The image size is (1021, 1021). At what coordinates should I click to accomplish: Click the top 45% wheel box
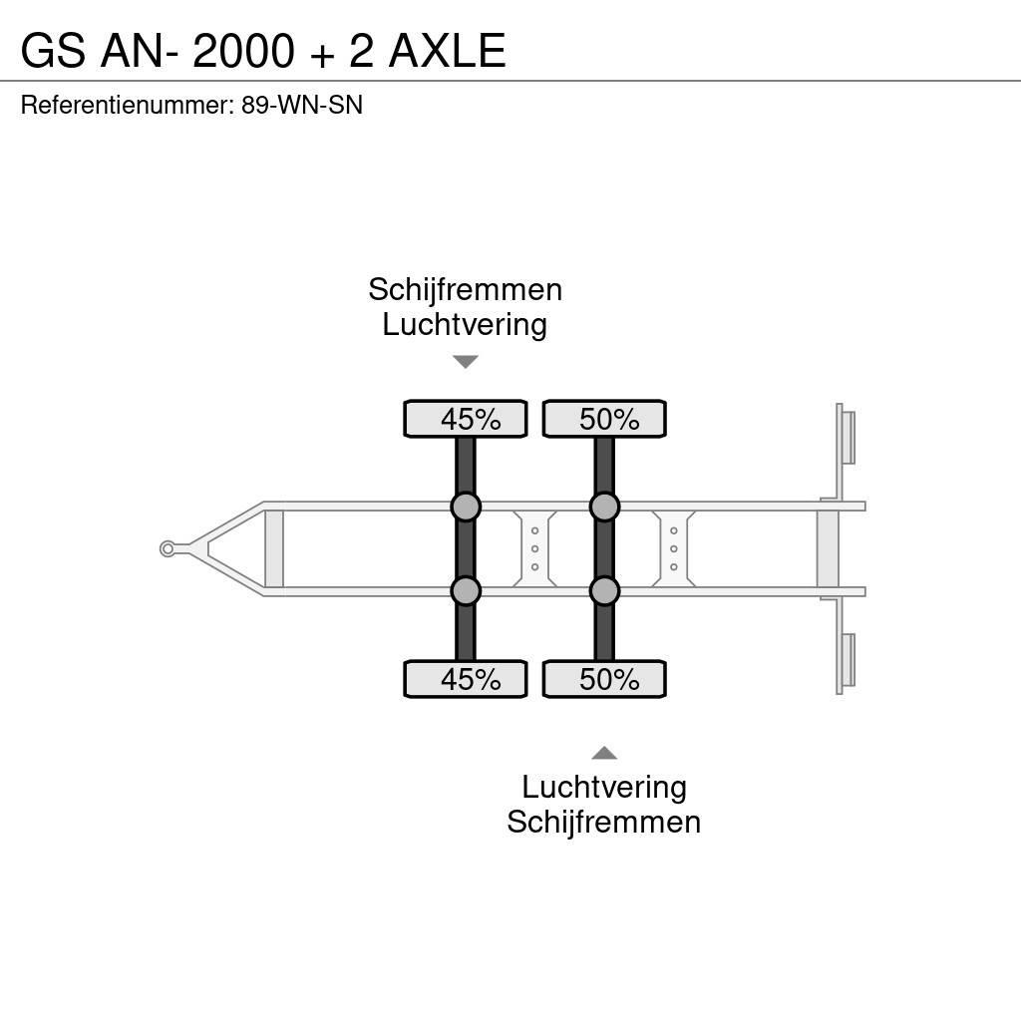[x=465, y=419]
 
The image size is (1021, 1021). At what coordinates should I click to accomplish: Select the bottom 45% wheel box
[x=465, y=679]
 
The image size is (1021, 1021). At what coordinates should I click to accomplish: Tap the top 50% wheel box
[x=604, y=419]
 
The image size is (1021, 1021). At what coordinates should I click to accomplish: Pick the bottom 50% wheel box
[x=604, y=679]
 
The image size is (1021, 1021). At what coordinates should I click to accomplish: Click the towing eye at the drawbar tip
[x=168, y=548]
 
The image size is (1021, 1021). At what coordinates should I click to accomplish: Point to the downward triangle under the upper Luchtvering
[x=465, y=362]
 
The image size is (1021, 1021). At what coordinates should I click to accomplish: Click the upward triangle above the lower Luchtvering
[x=604, y=753]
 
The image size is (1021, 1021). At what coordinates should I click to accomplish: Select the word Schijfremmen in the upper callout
[x=465, y=290]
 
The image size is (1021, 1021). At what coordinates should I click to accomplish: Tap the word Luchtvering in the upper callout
[x=465, y=325]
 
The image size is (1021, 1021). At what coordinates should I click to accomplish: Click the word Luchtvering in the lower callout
[x=604, y=788]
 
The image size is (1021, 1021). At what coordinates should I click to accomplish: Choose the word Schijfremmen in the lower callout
[x=604, y=823]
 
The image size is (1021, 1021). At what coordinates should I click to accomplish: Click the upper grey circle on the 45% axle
[x=466, y=507]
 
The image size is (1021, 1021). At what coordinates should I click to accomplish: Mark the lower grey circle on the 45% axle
[x=466, y=591]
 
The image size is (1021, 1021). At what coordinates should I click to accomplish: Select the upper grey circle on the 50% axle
[x=604, y=507]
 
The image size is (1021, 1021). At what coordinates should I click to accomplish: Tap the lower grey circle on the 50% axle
[x=604, y=591]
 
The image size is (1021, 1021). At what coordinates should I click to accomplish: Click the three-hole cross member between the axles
[x=534, y=548]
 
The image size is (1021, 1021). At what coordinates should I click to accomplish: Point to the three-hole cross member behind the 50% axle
[x=674, y=548]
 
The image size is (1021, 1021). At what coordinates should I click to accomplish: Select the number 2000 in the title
[x=243, y=51]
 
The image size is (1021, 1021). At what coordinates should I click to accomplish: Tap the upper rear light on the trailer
[x=847, y=437]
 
